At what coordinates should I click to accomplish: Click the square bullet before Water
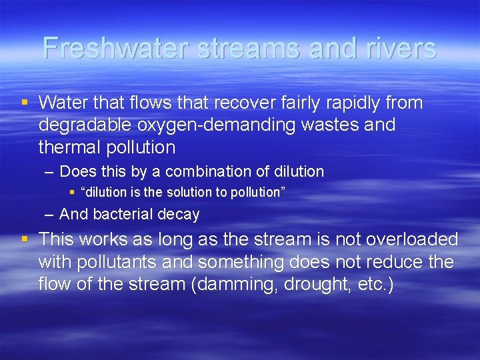point(25,103)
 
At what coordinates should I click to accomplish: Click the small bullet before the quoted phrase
point(73,192)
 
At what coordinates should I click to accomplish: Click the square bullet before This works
point(25,239)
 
